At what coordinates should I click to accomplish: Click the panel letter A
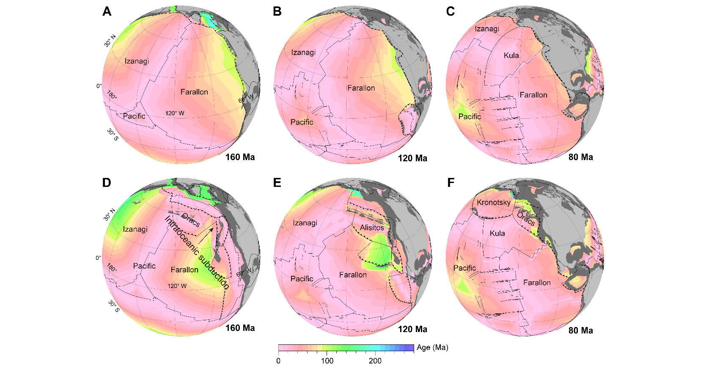pyautogui.click(x=107, y=11)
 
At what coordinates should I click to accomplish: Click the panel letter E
pyautogui.click(x=277, y=182)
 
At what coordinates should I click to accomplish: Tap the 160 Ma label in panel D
pyautogui.click(x=240, y=328)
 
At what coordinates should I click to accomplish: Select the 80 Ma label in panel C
pyautogui.click(x=580, y=157)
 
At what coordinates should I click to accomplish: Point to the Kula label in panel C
pyautogui.click(x=511, y=55)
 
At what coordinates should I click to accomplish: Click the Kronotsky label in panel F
pyautogui.click(x=493, y=202)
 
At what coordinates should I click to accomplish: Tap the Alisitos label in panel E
pyautogui.click(x=372, y=227)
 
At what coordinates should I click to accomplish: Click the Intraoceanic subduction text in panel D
pyautogui.click(x=197, y=252)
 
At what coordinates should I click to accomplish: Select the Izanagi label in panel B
pyautogui.click(x=303, y=53)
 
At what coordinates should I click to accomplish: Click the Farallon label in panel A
pyautogui.click(x=194, y=92)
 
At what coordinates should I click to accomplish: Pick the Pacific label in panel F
pyautogui.click(x=464, y=268)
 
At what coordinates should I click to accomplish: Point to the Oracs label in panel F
pyautogui.click(x=526, y=219)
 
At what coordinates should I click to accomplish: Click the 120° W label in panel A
pyautogui.click(x=175, y=113)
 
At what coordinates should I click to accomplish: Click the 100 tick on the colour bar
pyautogui.click(x=327, y=361)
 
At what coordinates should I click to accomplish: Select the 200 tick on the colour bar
pyautogui.click(x=375, y=361)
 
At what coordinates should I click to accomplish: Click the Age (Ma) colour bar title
pyautogui.click(x=432, y=348)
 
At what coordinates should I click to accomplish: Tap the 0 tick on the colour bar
pyautogui.click(x=278, y=361)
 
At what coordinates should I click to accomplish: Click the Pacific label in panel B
pyautogui.click(x=302, y=122)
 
